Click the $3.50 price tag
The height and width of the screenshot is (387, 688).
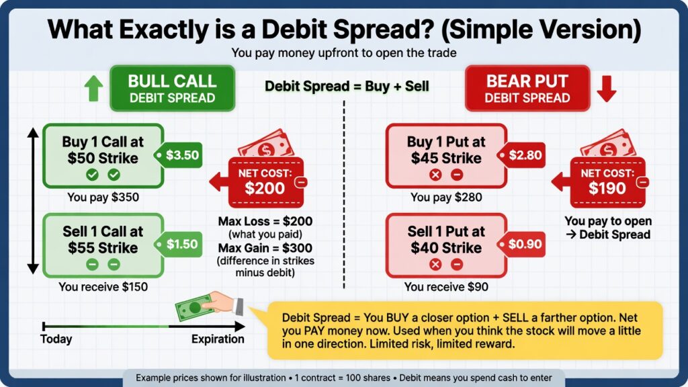pos(180,155)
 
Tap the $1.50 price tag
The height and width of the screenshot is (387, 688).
pos(180,245)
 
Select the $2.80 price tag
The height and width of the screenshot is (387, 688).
pos(524,155)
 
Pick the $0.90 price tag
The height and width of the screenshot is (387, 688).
pos(524,245)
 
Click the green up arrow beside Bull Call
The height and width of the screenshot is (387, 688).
pos(93,87)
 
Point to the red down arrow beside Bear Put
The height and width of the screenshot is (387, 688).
pos(607,89)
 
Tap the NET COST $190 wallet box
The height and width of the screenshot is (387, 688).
pos(603,182)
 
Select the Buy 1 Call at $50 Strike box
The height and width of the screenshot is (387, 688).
pos(103,155)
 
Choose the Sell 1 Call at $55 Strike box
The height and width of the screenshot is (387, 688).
pos(103,245)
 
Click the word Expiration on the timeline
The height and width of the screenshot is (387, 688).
pos(217,339)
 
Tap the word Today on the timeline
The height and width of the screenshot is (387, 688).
pos(56,339)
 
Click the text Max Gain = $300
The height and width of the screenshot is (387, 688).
pos(265,248)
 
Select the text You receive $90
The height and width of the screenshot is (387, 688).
pos(445,287)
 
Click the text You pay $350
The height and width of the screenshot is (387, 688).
pos(103,198)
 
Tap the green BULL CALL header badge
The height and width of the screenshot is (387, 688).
pos(172,88)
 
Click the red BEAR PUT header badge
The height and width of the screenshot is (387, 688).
pos(527,88)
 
